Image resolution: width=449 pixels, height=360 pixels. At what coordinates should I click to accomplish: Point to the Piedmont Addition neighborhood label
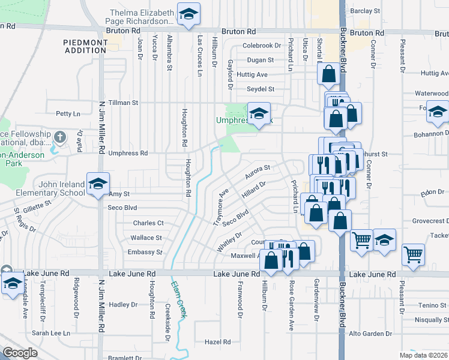coord(85,46)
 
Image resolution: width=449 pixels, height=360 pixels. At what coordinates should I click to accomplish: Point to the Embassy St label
coord(145,253)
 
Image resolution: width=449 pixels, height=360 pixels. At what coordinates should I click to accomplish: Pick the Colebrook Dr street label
coord(261,46)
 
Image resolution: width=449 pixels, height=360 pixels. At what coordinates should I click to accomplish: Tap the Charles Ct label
coord(148,223)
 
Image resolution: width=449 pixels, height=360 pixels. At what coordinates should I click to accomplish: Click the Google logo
coord(20,353)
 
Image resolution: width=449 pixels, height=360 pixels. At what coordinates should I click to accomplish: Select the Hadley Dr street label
coord(123,305)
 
